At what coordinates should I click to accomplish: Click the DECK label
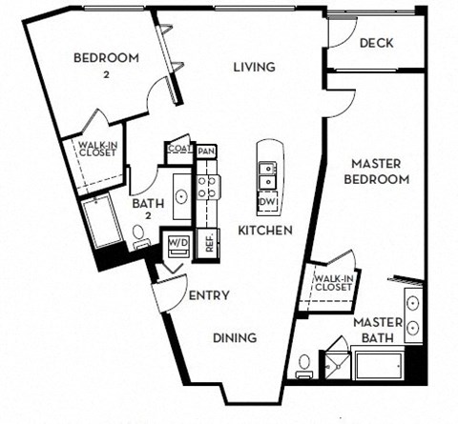click(377, 43)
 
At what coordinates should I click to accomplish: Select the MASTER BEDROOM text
click(377, 171)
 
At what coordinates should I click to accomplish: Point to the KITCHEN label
click(264, 232)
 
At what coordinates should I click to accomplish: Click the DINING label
click(234, 337)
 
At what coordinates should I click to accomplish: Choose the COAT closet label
click(178, 149)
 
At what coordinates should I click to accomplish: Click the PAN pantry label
click(206, 151)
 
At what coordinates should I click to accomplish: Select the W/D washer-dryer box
click(178, 242)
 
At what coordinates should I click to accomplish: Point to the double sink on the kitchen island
click(268, 176)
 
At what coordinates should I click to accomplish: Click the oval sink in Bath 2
click(179, 196)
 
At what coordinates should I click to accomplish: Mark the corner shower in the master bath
click(337, 359)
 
